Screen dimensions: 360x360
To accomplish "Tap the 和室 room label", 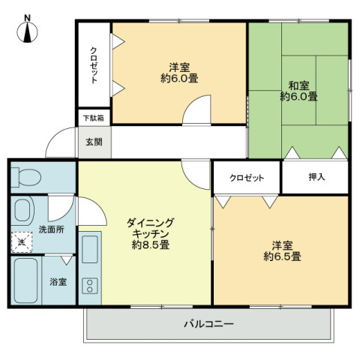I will point(298,85).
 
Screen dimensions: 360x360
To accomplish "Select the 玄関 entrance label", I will point(93,142).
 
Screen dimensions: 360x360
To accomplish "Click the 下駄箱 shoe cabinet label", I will point(93,118).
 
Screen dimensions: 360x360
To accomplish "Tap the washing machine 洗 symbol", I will point(22,242).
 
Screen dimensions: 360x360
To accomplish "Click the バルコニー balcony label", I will point(209,325).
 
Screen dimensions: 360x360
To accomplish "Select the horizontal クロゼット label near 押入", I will point(247,178).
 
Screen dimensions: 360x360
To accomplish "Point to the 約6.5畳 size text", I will point(282,256).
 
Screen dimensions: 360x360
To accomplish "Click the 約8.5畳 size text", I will point(149,245).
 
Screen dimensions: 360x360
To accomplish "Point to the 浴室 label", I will point(58,282).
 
